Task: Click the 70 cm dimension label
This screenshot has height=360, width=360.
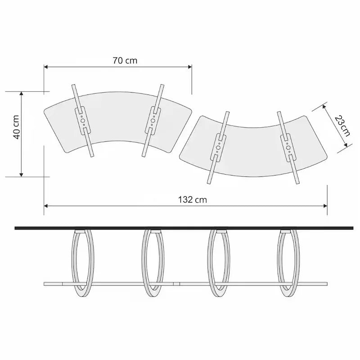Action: coord(125,61)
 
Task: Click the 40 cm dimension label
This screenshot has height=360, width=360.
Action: coord(16,127)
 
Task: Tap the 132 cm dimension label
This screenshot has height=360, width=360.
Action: coord(193,199)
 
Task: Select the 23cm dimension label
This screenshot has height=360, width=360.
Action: coord(342,126)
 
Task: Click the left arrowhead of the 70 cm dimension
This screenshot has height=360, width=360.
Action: coord(46,67)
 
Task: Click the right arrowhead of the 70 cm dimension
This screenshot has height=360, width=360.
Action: coord(190,67)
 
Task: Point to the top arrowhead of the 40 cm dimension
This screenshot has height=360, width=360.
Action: coord(21,94)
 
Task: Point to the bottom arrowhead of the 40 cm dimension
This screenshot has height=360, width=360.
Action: coord(21,175)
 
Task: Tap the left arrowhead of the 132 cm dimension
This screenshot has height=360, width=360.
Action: coord(46,206)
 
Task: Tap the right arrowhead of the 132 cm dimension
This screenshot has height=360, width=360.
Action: coord(325,206)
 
